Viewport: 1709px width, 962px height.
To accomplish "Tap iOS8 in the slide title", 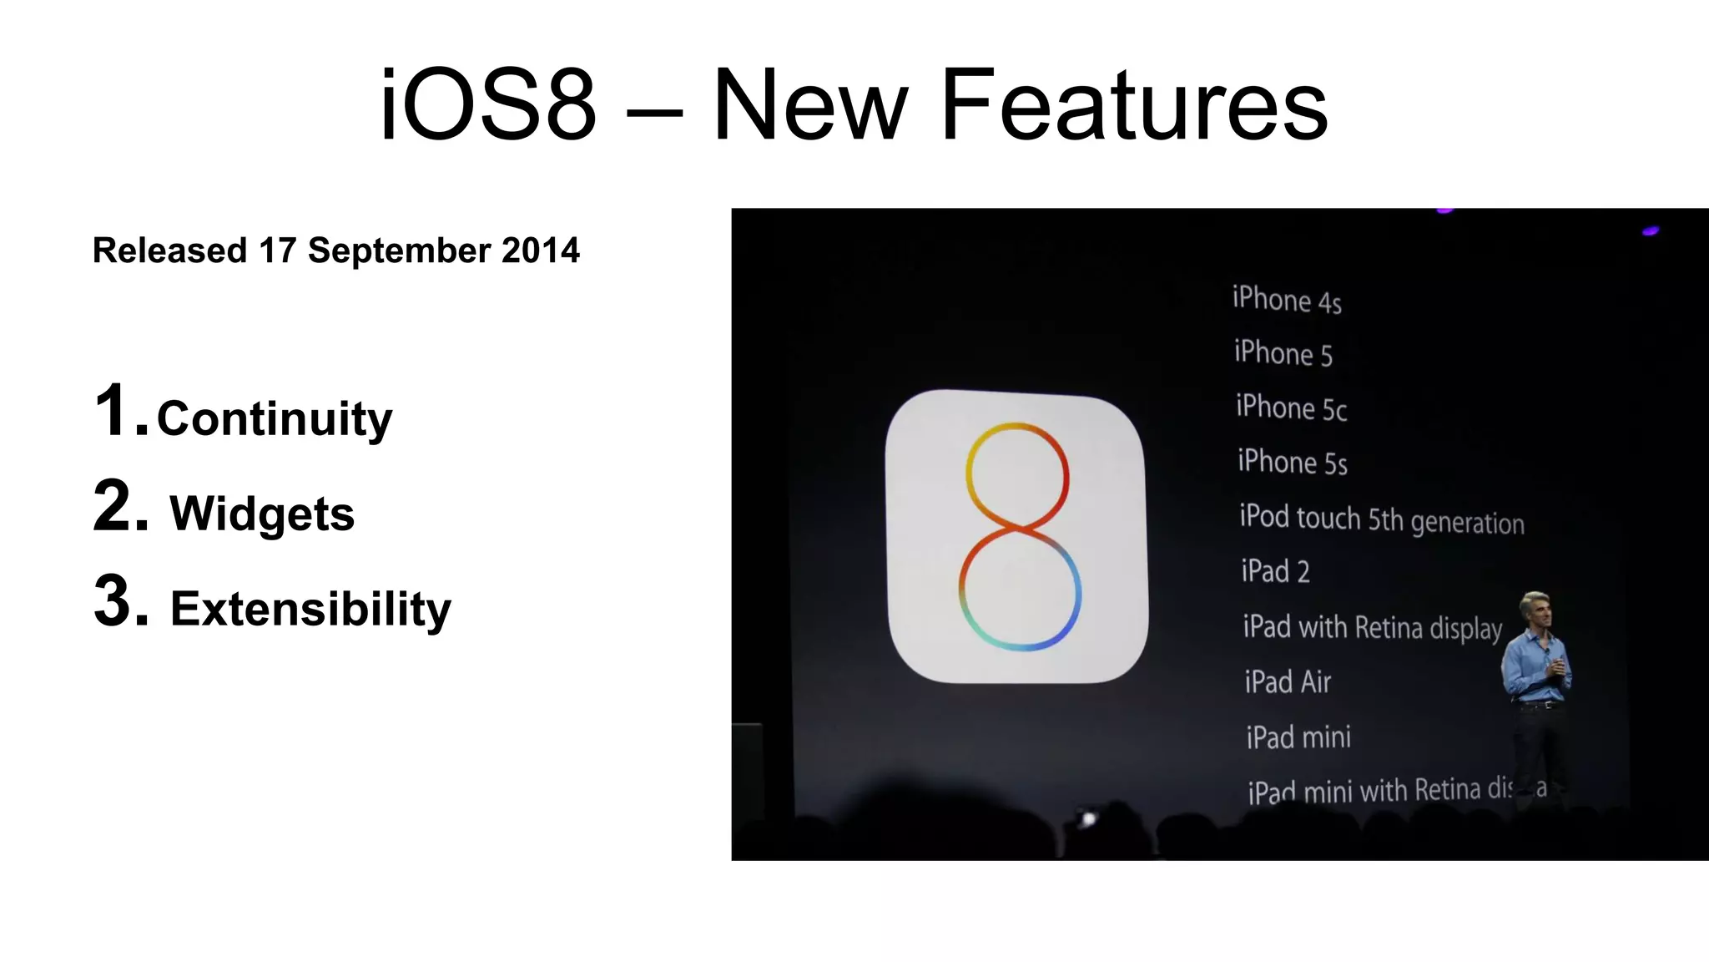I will click(488, 106).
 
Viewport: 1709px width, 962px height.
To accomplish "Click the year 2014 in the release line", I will click(540, 251).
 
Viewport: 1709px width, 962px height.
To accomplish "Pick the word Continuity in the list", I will click(275, 418).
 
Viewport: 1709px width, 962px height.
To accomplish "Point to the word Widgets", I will click(262, 513).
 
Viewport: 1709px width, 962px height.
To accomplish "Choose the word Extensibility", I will click(310, 608).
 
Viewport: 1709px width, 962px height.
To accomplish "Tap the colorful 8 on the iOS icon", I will click(1018, 536).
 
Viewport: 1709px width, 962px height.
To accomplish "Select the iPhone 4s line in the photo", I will click(1287, 300).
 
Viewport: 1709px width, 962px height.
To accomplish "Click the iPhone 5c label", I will click(1291, 408).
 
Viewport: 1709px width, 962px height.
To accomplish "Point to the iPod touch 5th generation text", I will click(1381, 519).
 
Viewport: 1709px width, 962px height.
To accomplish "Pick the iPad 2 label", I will click(1275, 572).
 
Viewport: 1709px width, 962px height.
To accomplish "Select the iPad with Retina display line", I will click(1372, 627).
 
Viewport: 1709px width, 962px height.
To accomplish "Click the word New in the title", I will click(809, 106).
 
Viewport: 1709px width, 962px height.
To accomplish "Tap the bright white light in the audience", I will click(1088, 819).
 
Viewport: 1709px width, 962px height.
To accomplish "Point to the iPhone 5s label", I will click(1292, 462).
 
